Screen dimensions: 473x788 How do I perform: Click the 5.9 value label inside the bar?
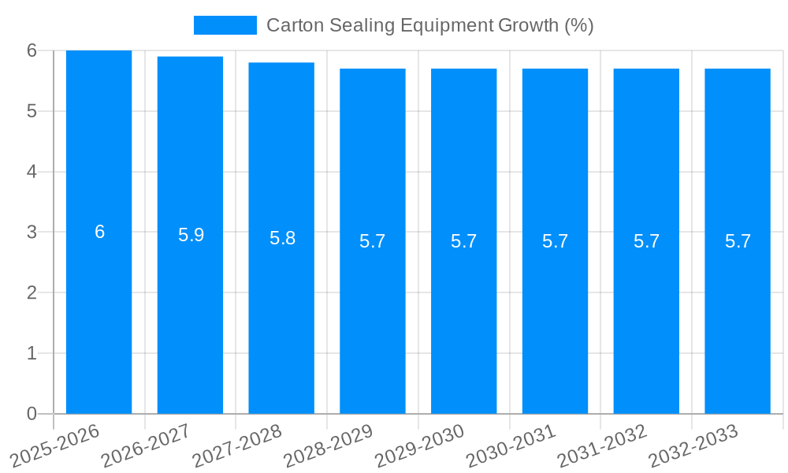[x=191, y=235]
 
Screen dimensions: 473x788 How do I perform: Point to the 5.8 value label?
[x=282, y=238]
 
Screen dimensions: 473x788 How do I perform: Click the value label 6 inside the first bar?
[x=99, y=232]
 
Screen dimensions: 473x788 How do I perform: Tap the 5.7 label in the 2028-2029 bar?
[x=373, y=241]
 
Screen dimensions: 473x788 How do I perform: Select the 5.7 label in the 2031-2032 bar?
[x=646, y=241]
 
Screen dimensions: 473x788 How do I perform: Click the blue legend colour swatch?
[x=225, y=25]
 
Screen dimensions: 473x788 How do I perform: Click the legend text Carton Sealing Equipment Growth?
[x=429, y=25]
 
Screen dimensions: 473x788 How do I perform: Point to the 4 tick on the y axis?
[x=32, y=171]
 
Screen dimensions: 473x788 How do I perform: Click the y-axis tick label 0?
[x=32, y=414]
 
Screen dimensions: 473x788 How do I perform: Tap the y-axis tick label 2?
[x=32, y=292]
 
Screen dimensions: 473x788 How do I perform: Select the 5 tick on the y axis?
[x=32, y=111]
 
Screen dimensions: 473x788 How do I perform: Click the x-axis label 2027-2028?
[x=237, y=446]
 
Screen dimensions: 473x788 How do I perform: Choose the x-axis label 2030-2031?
[x=511, y=446]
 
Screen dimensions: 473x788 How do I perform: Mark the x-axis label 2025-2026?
[x=54, y=446]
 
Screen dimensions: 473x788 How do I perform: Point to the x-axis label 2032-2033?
[x=693, y=446]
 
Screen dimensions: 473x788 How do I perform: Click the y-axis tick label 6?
[x=32, y=50]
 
